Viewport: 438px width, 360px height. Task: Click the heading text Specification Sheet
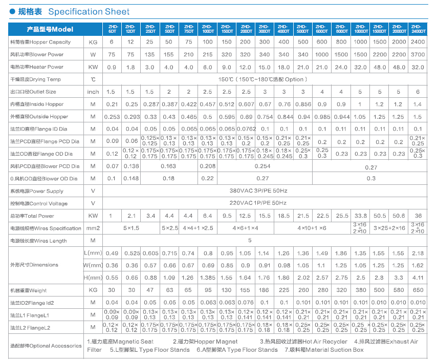click(89, 11)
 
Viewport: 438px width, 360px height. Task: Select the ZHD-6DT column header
click(113, 29)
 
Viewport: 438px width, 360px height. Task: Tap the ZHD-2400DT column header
click(418, 29)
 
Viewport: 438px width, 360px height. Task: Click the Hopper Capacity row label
click(40, 42)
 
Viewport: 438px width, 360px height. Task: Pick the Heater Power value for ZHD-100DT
click(208, 68)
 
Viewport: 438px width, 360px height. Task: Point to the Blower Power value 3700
click(418, 55)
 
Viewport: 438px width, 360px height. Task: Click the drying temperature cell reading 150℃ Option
click(262, 79)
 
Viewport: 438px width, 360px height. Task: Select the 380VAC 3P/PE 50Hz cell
click(258, 190)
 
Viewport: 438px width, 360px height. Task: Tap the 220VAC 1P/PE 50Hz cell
click(258, 203)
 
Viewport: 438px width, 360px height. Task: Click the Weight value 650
click(418, 290)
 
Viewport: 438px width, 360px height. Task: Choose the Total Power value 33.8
click(361, 216)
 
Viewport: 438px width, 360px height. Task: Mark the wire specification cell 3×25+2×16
click(389, 228)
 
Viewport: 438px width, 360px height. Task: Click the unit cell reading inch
click(93, 92)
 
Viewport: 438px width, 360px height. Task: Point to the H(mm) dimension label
click(93, 278)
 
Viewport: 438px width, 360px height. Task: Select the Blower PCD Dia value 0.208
click(208, 166)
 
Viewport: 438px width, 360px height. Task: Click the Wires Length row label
click(38, 241)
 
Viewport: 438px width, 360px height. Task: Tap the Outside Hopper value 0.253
click(112, 117)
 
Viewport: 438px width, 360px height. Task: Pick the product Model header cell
click(50, 29)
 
